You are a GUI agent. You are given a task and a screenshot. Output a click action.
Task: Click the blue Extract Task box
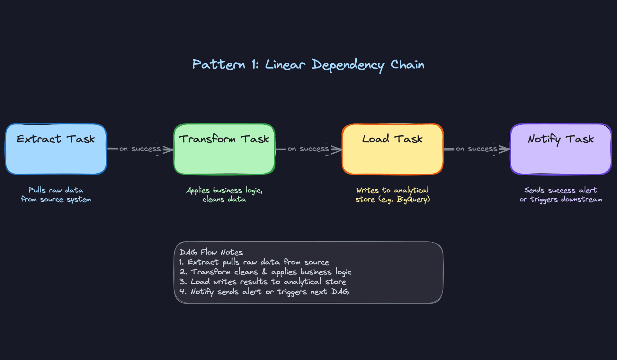click(56, 149)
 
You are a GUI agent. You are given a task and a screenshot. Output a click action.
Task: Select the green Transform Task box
click(224, 149)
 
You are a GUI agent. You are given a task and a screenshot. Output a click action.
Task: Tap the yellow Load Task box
click(392, 149)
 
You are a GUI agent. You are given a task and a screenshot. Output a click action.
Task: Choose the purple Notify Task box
click(561, 149)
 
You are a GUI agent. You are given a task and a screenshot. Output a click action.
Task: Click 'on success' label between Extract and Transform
click(140, 149)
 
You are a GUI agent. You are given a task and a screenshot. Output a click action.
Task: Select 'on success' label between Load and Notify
click(476, 149)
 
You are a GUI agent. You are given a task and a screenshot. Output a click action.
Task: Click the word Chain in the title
click(407, 65)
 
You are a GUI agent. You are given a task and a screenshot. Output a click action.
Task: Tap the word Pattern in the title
click(219, 65)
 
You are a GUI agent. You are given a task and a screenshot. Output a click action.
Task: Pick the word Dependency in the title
click(348, 65)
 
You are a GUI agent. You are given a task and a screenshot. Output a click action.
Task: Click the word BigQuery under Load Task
click(413, 200)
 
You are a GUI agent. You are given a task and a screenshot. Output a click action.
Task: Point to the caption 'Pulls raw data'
click(56, 190)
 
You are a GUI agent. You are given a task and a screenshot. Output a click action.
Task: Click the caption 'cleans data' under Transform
click(224, 199)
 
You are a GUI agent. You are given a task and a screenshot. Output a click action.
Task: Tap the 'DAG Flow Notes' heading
click(211, 252)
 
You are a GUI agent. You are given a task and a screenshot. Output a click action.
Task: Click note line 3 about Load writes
click(263, 282)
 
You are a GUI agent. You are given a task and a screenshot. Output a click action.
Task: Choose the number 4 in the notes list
click(183, 292)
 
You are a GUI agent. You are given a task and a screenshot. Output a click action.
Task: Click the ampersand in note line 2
click(264, 272)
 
